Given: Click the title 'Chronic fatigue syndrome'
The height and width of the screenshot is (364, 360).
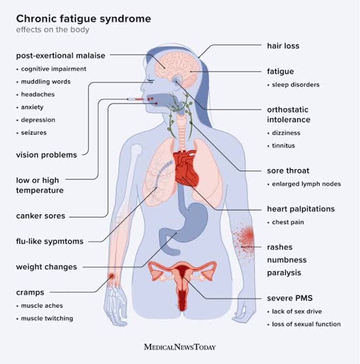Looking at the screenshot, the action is tap(84, 19).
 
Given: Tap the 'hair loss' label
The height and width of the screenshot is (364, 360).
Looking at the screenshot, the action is tap(283, 46).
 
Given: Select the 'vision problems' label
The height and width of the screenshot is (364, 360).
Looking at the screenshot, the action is tap(47, 155).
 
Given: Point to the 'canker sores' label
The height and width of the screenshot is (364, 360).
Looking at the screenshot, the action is tap(41, 216).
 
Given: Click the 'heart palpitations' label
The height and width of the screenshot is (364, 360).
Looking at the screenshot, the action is tap(301, 209).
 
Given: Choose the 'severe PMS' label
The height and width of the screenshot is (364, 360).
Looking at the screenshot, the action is tap(290, 298).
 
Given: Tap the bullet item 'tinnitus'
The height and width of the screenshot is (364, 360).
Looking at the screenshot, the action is tap(284, 145).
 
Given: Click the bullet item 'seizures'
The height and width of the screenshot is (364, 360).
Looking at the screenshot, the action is tap(34, 133).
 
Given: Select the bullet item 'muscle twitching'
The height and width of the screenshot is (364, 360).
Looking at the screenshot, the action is tap(47, 318).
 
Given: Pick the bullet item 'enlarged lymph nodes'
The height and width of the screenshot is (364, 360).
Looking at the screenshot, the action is tap(306, 184).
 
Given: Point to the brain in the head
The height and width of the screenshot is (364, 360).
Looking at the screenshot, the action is tap(177, 69).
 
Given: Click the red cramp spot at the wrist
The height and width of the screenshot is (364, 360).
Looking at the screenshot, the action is tap(112, 276).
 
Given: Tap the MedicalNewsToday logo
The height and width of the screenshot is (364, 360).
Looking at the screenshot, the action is tap(180, 347).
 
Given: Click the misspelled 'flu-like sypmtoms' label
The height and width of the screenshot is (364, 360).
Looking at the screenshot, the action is tap(50, 241).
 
